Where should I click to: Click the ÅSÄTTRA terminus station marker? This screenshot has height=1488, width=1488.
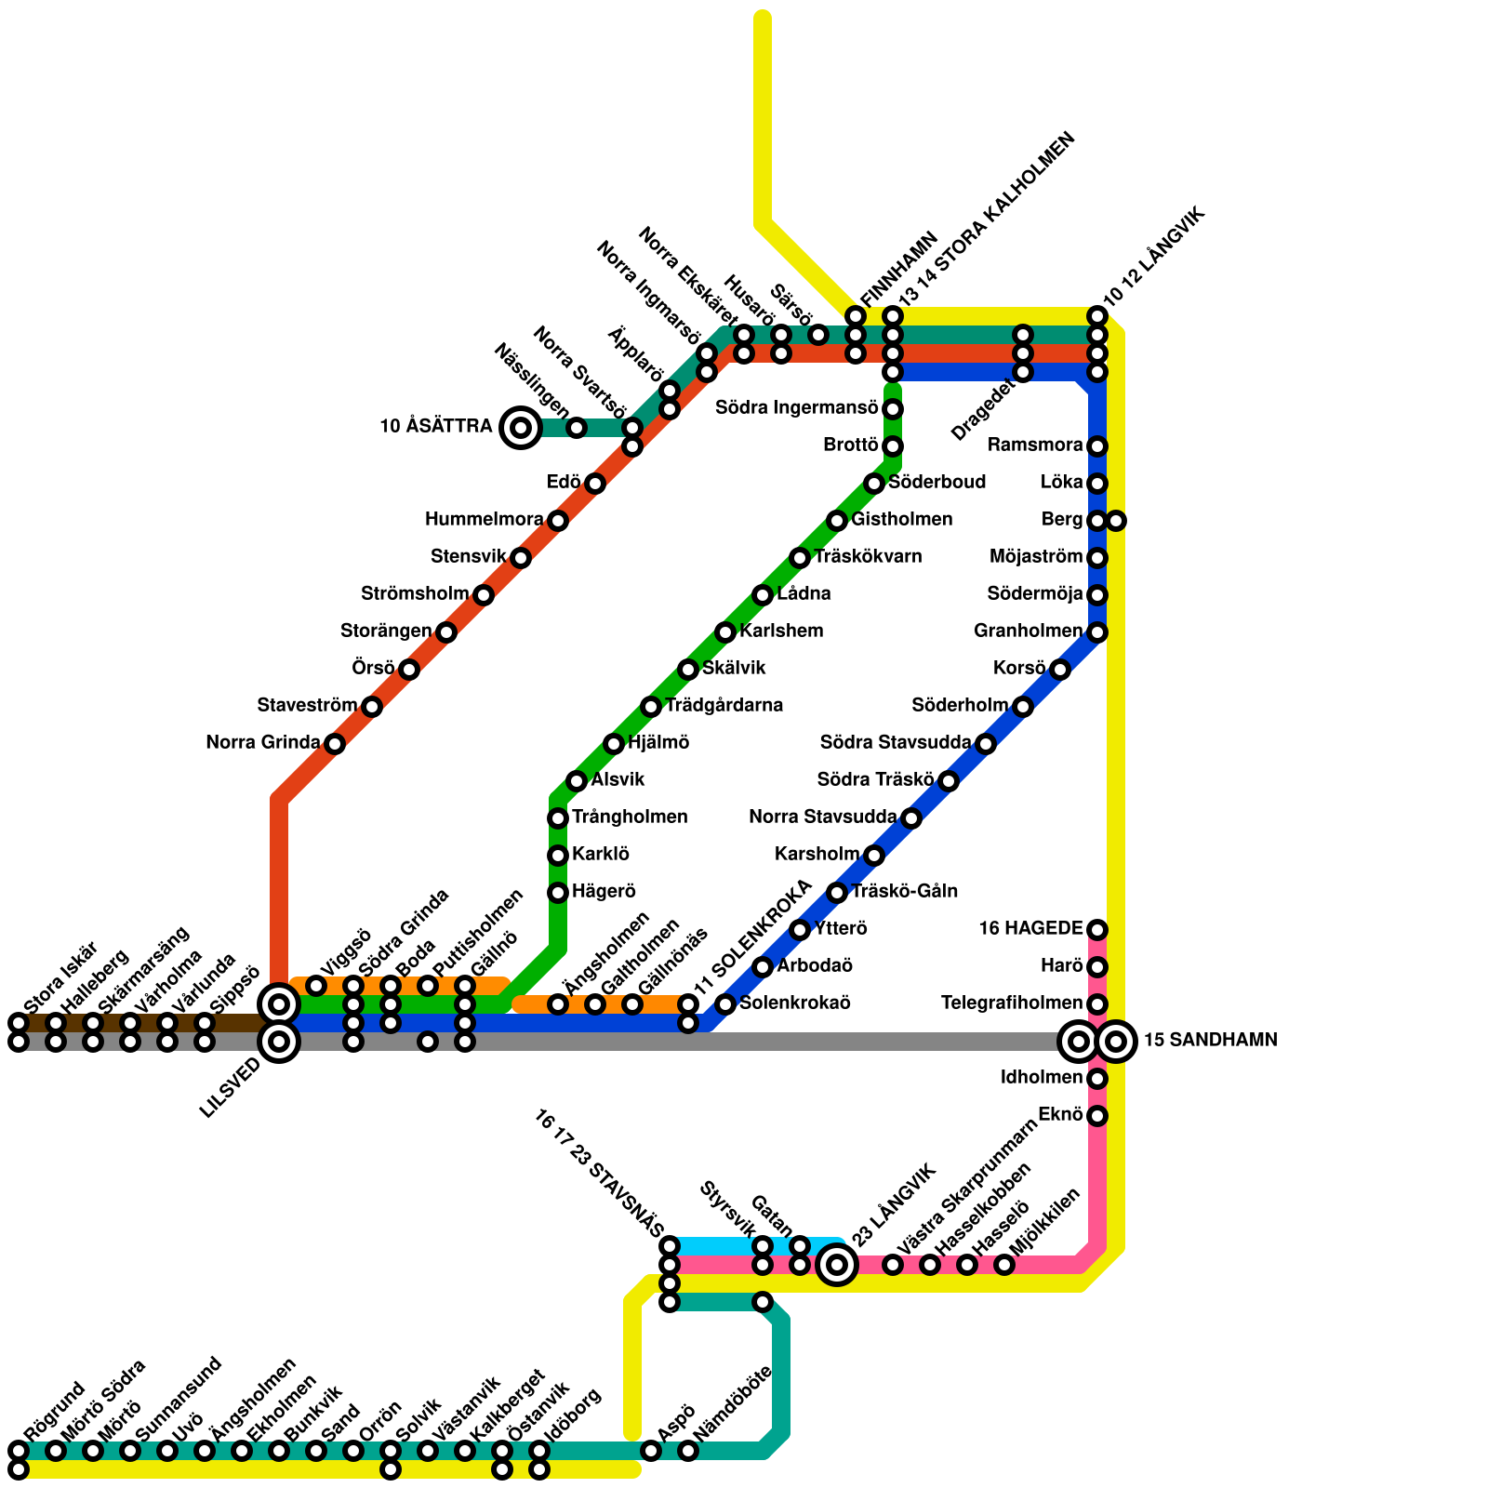point(521,428)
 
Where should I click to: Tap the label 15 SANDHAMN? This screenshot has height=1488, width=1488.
point(1210,1041)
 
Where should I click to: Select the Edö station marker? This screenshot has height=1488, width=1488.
point(595,484)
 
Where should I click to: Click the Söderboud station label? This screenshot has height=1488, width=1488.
point(937,483)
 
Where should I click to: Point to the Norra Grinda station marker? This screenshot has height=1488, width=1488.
point(335,744)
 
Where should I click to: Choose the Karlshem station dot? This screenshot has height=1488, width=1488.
point(725,632)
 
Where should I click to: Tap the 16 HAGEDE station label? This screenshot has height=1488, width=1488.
point(1030,929)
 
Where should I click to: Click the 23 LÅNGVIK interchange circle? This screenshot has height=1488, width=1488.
point(837,1265)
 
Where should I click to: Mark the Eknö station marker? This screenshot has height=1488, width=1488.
point(1097,1116)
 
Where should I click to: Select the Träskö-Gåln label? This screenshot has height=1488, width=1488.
point(904,892)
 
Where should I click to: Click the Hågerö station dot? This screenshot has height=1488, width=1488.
point(558,893)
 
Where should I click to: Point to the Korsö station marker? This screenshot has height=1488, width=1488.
point(1060,670)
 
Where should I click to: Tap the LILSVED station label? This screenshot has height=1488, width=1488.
point(230,1089)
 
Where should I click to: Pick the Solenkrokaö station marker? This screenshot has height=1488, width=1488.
point(725,1004)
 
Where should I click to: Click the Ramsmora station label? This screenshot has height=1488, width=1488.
point(1035,445)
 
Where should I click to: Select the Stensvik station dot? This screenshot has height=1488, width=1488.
point(521,558)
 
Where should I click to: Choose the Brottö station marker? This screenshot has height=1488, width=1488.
point(893,446)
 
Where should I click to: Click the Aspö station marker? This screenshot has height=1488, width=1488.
point(651,1451)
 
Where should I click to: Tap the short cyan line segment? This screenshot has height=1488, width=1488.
point(716,1246)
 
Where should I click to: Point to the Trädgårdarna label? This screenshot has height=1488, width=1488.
point(724,706)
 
